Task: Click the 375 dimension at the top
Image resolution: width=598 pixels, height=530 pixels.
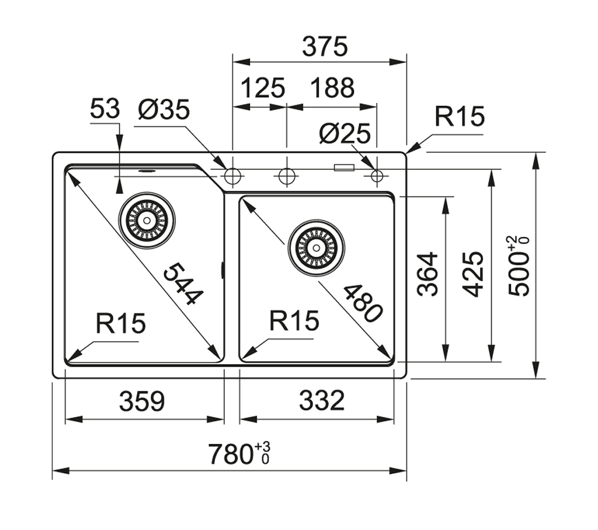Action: click(x=325, y=47)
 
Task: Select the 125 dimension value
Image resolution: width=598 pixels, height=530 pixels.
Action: click(x=262, y=88)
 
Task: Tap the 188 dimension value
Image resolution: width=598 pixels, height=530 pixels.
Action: click(x=332, y=88)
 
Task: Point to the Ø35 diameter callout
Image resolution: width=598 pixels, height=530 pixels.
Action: click(x=164, y=109)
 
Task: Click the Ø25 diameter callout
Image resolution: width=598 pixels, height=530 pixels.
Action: click(x=344, y=134)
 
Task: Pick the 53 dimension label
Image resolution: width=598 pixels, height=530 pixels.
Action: click(x=105, y=109)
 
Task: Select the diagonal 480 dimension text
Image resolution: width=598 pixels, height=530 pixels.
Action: click(x=362, y=303)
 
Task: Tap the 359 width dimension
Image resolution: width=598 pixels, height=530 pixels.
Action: click(x=142, y=401)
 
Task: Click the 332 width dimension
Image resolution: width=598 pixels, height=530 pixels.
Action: click(x=321, y=401)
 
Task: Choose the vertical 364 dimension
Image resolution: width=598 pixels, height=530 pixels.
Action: click(x=428, y=274)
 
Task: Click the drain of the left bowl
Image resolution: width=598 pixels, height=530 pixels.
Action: click(x=147, y=219)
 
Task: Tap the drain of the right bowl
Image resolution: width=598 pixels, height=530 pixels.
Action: click(x=316, y=247)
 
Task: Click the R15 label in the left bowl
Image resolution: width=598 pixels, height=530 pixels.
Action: click(x=121, y=324)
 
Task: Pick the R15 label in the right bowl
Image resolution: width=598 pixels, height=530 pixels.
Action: click(x=294, y=321)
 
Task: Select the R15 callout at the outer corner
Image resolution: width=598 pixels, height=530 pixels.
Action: click(x=459, y=117)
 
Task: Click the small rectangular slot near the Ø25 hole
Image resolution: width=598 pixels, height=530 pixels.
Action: click(x=344, y=168)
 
